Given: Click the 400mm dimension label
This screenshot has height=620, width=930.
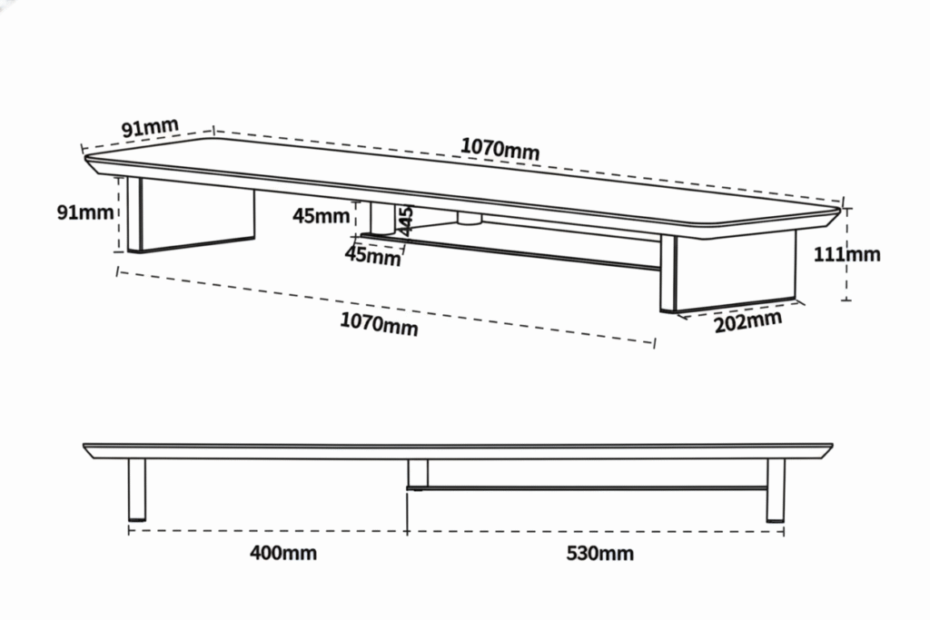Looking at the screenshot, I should click(283, 553).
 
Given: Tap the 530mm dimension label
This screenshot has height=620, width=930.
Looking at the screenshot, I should click(599, 554).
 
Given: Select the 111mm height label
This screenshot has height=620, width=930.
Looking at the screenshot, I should click(846, 254).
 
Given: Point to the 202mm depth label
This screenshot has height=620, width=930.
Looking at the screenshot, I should click(747, 320).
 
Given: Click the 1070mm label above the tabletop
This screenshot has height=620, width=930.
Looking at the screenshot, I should click(500, 148).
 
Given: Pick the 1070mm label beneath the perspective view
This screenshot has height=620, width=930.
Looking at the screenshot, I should click(379, 323).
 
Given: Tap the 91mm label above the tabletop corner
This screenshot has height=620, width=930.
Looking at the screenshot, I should click(150, 127).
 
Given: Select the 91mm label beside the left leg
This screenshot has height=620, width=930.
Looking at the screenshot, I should click(85, 212).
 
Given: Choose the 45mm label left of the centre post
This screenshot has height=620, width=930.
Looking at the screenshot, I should click(321, 216).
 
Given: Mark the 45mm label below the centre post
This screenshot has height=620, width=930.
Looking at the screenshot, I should click(372, 257).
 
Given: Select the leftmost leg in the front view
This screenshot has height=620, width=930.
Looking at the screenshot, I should click(137, 489).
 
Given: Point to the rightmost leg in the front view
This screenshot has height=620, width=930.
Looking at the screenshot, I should click(775, 490).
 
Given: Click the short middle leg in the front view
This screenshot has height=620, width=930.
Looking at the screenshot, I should click(418, 472).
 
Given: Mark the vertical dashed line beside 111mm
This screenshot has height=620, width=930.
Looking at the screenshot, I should click(847, 281).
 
